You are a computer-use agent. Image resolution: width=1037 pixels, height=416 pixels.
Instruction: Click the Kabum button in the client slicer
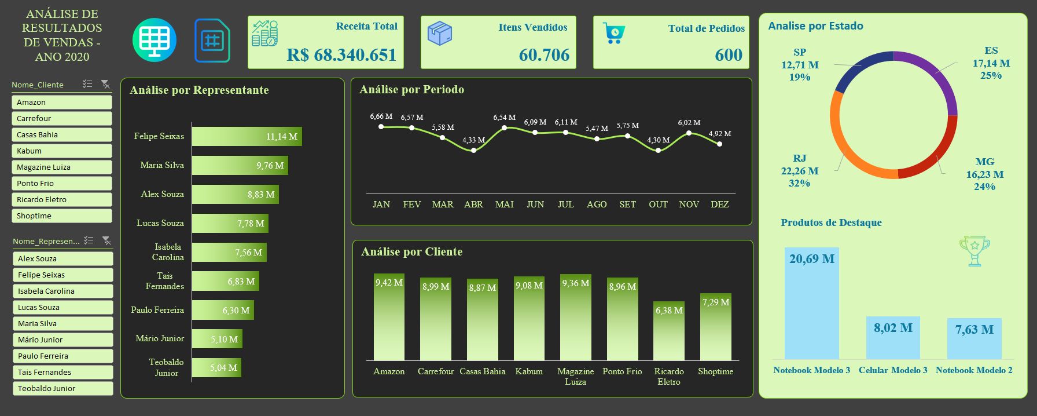[x=61, y=151]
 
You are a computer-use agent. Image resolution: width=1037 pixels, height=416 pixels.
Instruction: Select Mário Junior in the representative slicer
[x=62, y=340]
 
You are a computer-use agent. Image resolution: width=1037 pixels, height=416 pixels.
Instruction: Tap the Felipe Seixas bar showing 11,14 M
[x=247, y=136]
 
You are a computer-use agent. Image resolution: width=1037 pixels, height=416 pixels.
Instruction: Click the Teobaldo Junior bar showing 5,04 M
[x=216, y=367]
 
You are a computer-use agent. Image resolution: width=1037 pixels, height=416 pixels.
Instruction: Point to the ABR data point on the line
[x=473, y=150]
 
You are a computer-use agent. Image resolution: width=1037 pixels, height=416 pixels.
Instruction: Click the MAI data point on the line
[x=504, y=127]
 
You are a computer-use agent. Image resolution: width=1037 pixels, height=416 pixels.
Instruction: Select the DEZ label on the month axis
[x=719, y=204]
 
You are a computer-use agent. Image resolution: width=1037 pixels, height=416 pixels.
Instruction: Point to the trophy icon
[x=975, y=250]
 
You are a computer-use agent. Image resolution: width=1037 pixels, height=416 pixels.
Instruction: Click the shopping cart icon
[x=613, y=32]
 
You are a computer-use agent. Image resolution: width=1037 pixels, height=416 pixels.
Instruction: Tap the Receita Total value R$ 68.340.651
[x=341, y=55]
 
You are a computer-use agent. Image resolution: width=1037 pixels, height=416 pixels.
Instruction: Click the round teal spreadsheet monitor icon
[x=155, y=40]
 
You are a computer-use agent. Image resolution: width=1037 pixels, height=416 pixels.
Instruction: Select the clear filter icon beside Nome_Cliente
[x=105, y=85]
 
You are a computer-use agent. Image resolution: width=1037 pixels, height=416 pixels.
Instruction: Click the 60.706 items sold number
[x=544, y=55]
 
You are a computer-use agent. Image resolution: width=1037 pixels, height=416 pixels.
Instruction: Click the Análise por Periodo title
[x=411, y=89]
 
